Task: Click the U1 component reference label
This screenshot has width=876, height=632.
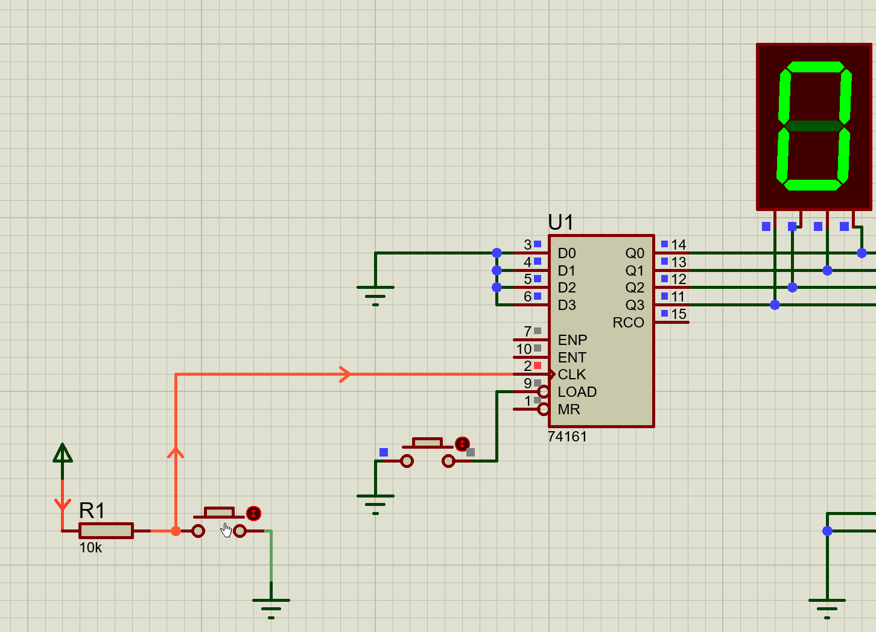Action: point(560,223)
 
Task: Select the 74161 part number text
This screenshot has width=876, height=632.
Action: point(567,437)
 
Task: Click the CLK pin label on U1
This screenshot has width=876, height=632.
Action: point(571,374)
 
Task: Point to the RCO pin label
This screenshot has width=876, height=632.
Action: point(628,323)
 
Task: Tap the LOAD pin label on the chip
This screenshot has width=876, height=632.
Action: point(577,392)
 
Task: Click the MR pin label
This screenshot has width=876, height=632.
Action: point(568,409)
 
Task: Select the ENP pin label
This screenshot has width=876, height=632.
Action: point(572,340)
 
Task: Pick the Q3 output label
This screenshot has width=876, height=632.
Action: point(634,305)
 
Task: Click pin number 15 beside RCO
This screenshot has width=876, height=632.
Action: point(679,314)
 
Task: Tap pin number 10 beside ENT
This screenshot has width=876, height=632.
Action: point(524,349)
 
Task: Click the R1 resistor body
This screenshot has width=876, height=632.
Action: point(106,531)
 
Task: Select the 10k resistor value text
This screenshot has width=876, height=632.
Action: point(90,548)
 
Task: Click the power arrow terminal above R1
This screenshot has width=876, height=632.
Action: point(62,453)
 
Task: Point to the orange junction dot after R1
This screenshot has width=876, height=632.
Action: point(176,531)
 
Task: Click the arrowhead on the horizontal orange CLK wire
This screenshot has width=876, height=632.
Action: point(345,374)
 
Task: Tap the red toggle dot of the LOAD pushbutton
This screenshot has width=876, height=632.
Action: point(462,444)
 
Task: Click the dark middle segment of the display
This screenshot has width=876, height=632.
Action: point(814,126)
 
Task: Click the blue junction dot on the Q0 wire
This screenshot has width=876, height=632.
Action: point(862,253)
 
